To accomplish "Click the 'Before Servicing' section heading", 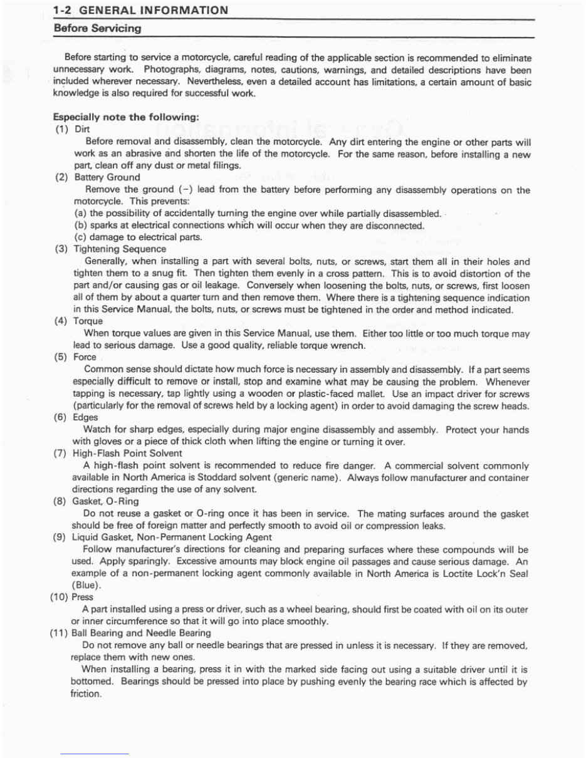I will pyautogui.click(x=97, y=29).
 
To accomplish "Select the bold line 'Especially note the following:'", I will pyautogui.click(x=126, y=117).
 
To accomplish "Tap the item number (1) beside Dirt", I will pyautogui.click(x=64, y=130).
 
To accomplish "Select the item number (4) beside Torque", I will pyautogui.click(x=64, y=321).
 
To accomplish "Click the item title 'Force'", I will pyautogui.click(x=85, y=357).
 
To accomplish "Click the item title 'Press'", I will pyautogui.click(x=83, y=597).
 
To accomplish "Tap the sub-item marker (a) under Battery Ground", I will pyautogui.click(x=80, y=213).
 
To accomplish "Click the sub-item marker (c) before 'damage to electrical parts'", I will pyautogui.click(x=80, y=237).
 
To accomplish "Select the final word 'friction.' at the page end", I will pyautogui.click(x=86, y=693).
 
